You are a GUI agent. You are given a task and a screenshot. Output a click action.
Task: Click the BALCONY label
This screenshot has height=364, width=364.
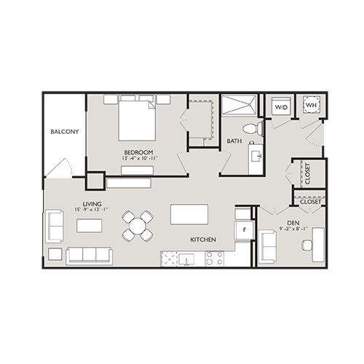65,132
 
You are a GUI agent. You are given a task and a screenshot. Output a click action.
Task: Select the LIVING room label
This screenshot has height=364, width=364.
92,203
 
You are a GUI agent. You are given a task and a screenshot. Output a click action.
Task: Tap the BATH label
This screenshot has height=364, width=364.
234,141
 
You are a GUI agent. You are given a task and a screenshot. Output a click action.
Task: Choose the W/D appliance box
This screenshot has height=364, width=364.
280,107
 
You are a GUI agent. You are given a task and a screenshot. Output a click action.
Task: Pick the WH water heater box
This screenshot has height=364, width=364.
311,106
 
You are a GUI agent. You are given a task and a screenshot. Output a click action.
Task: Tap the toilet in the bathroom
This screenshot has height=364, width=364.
250,129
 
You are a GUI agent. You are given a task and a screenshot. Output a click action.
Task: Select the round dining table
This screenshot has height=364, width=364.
137,224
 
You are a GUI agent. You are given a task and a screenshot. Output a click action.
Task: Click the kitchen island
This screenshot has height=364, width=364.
189,214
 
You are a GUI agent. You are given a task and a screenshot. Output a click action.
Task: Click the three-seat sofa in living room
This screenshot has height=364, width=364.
90,255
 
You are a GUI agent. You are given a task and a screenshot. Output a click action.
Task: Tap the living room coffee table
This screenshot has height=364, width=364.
90,226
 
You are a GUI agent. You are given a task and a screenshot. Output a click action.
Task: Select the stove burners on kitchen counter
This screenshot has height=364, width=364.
214,257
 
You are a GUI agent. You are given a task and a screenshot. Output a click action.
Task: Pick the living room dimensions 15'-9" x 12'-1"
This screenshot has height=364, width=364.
91,210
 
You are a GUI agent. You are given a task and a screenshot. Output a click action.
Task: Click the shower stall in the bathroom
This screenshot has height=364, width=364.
240,106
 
